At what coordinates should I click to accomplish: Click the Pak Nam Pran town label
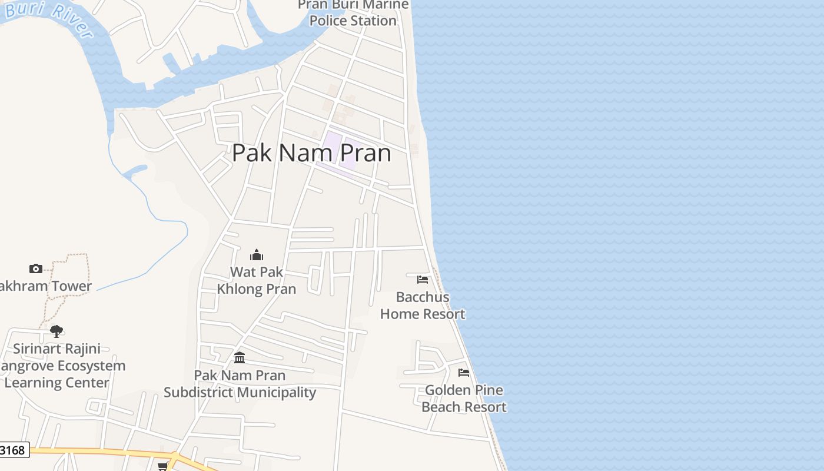(x=311, y=152)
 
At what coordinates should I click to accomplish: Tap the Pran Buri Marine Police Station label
(x=353, y=13)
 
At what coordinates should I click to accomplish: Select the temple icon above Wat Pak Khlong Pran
(x=257, y=255)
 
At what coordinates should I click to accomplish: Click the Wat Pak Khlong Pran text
(x=257, y=280)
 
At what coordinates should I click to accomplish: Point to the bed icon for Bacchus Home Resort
(x=423, y=279)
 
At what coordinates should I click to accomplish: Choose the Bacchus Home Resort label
(x=423, y=306)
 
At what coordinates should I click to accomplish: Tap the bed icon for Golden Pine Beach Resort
(x=464, y=372)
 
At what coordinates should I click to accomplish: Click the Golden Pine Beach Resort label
(x=464, y=399)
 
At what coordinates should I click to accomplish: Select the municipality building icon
(x=240, y=357)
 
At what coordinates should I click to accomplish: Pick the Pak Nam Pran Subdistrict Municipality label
(x=240, y=384)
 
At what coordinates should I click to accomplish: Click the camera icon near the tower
(x=36, y=269)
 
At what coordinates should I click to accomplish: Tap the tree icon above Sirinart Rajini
(x=57, y=331)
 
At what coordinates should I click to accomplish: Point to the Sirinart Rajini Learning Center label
(x=57, y=366)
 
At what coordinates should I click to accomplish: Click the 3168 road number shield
(x=13, y=450)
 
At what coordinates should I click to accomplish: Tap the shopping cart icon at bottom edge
(x=162, y=466)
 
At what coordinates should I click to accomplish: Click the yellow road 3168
(x=106, y=452)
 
